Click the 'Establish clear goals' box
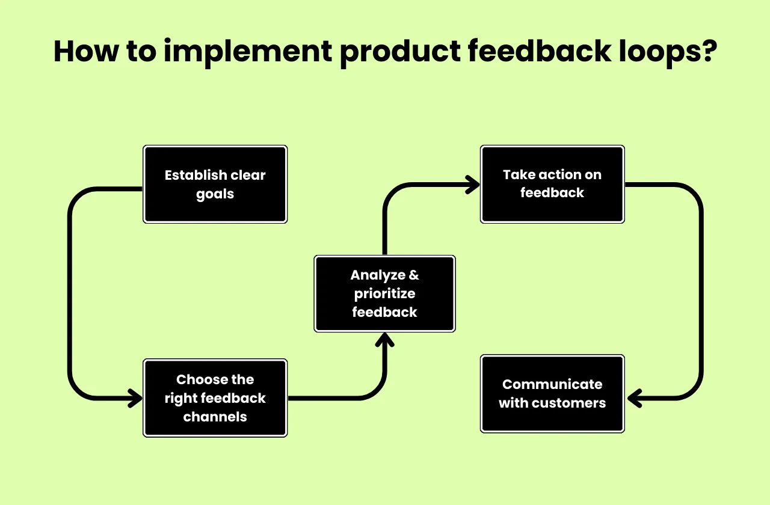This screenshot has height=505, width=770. point(215,185)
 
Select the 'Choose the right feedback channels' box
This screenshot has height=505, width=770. point(215,398)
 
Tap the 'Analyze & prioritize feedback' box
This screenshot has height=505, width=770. point(384,293)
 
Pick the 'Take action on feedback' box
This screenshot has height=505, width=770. point(552,184)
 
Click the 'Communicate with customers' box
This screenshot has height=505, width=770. point(552,394)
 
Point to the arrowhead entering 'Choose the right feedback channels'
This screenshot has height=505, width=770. point(136,398)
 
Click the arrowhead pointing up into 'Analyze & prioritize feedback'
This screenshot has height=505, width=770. point(384,339)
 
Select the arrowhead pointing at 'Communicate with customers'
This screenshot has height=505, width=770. point(634,397)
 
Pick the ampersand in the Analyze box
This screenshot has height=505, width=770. point(413,275)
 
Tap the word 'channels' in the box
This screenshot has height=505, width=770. point(215,417)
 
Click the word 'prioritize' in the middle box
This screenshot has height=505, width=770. point(384,294)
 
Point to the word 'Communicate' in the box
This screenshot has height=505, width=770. point(552,384)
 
